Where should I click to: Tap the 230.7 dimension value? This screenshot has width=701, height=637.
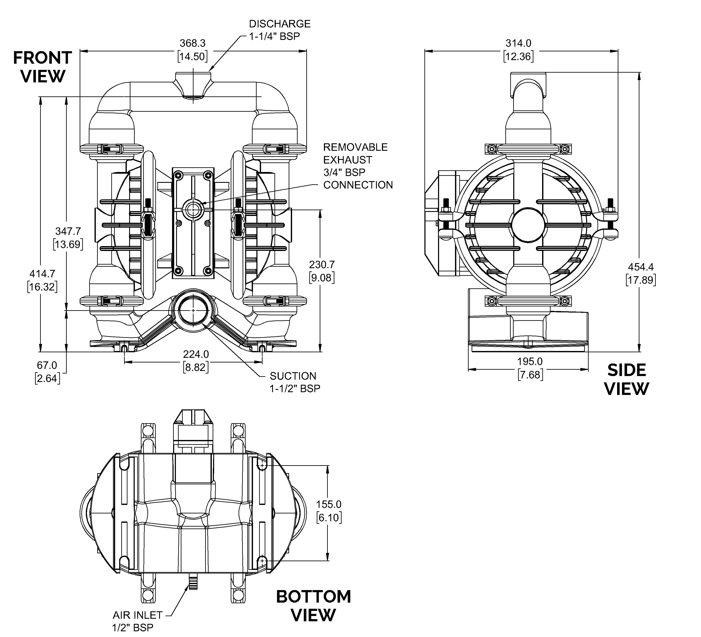[322, 265]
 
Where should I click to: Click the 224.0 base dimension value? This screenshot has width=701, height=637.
[196, 354]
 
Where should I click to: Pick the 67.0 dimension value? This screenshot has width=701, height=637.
[47, 365]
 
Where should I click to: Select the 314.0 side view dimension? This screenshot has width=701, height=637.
[518, 44]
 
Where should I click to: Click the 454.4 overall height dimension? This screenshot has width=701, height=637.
[640, 267]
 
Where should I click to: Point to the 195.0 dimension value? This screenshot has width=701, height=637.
[530, 362]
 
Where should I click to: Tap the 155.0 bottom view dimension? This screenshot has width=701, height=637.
[329, 504]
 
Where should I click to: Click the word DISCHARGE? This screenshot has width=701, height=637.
[280, 24]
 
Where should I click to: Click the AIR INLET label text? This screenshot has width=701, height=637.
[137, 615]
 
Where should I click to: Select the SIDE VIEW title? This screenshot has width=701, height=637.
[627, 379]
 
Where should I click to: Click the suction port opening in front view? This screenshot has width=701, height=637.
[193, 310]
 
